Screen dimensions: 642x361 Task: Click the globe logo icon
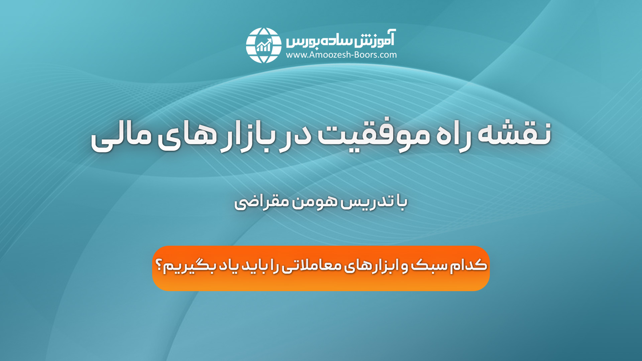pos(263,45)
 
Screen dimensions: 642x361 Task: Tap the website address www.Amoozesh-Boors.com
pos(341,55)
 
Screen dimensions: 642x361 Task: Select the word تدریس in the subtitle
pos(363,202)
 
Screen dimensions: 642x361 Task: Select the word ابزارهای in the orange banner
pos(371,265)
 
